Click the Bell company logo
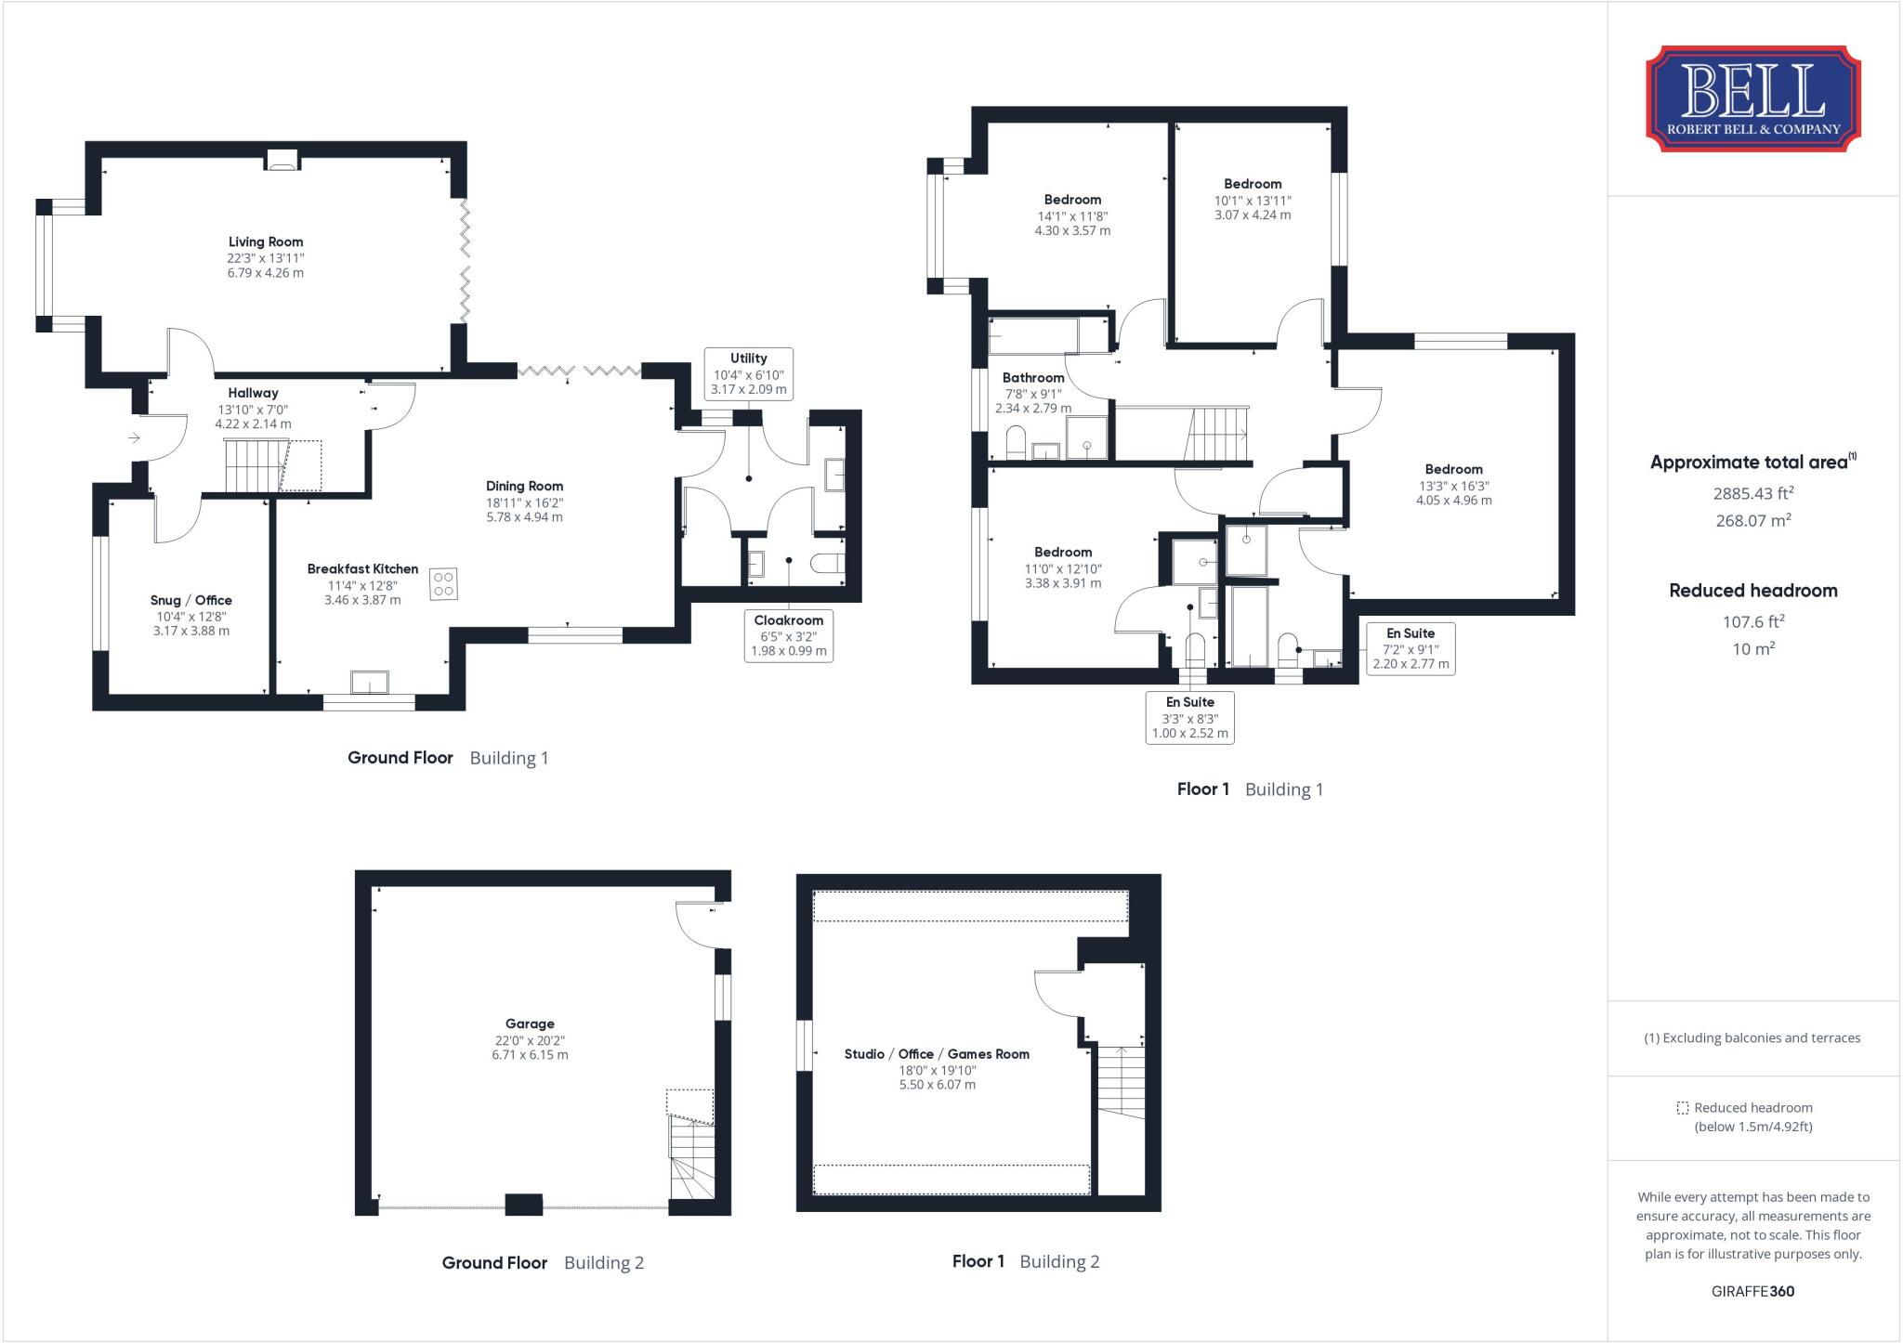[x=1753, y=99]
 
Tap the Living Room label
[x=266, y=242]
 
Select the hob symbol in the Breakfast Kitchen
[x=443, y=584]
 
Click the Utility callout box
[x=749, y=374]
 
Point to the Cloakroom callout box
[x=789, y=635]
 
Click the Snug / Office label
[x=191, y=600]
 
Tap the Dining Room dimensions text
[x=525, y=509]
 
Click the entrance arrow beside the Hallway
[x=134, y=437]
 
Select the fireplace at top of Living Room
[x=282, y=160]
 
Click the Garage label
[x=530, y=1024]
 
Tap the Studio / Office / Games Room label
[x=937, y=1054]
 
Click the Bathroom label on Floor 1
[x=1033, y=378]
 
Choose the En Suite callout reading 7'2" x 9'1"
[x=1411, y=648]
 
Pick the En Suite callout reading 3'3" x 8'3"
[x=1190, y=718]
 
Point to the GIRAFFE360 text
[x=1753, y=1291]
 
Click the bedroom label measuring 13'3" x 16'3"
[x=1454, y=470]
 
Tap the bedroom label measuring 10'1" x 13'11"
[x=1253, y=184]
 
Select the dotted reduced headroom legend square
[x=1682, y=1108]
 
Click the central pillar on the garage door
[x=524, y=1205]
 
